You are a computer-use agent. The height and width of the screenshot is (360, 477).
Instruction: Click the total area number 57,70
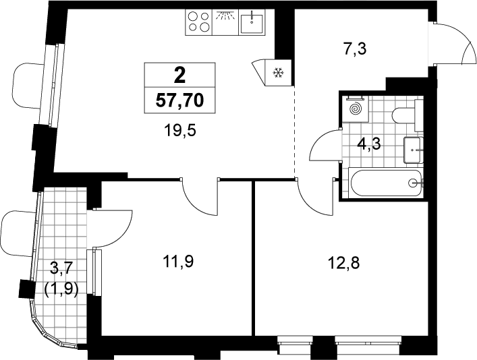tap(179, 100)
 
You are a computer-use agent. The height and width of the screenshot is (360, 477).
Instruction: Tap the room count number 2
tap(179, 75)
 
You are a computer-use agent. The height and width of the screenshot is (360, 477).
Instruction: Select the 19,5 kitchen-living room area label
tap(180, 131)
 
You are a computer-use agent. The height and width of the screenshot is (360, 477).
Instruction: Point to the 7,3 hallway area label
tap(355, 49)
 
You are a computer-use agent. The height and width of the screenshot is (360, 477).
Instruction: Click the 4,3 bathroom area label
tap(369, 144)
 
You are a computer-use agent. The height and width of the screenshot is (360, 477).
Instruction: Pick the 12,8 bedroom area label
tap(344, 263)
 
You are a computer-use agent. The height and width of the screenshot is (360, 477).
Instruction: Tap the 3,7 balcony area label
tap(62, 269)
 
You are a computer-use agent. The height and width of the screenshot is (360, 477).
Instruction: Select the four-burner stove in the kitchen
tap(199, 22)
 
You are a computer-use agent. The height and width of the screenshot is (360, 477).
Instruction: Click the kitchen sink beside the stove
tap(252, 22)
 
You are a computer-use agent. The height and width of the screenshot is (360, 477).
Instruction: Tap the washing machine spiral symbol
tap(355, 109)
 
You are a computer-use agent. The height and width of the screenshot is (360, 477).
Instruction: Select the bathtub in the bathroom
tap(386, 183)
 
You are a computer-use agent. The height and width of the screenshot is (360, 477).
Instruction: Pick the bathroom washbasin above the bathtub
tap(414, 150)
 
